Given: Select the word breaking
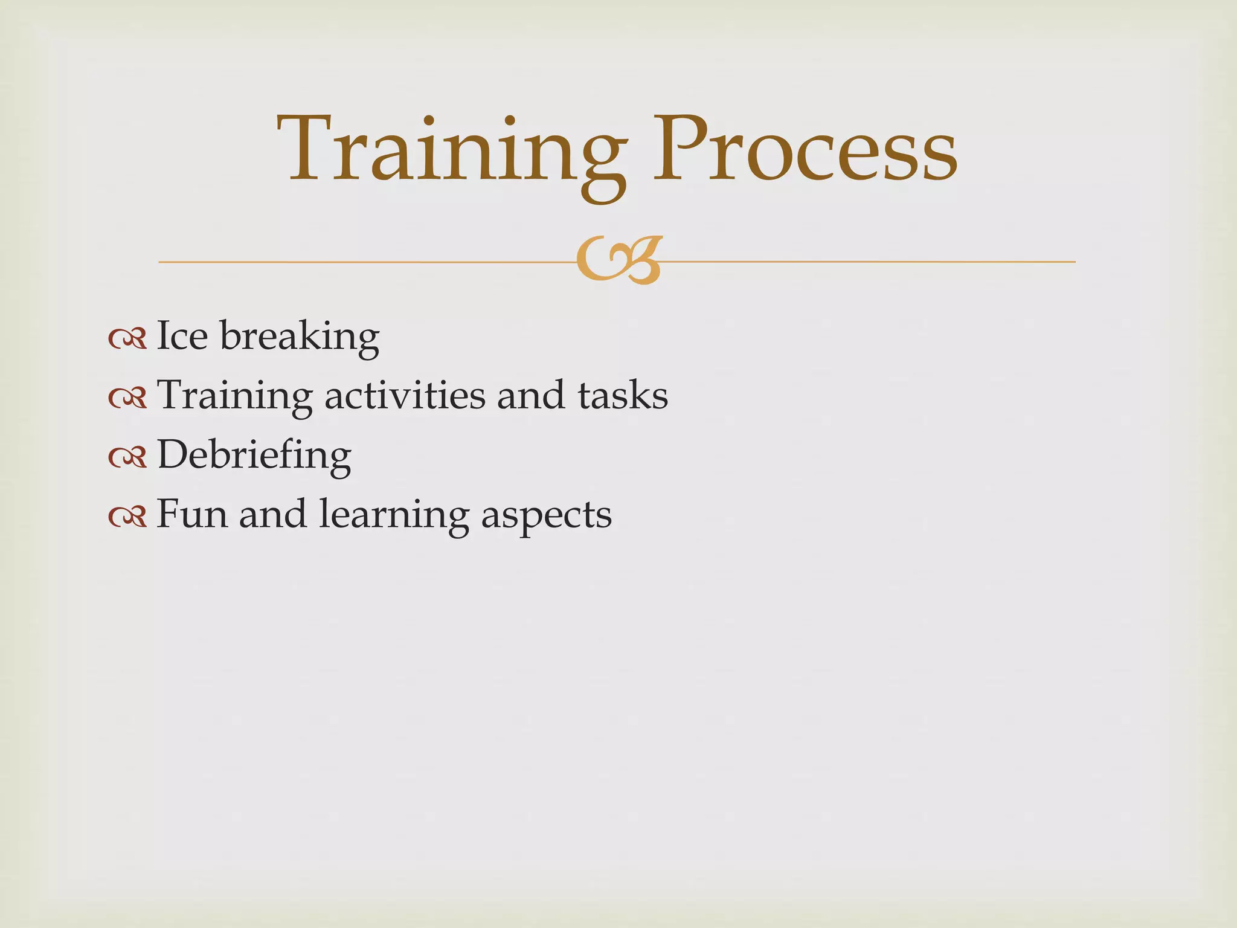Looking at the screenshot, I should tap(300, 337).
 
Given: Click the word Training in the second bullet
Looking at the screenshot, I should tap(234, 396).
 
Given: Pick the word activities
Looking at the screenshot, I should tap(405, 396).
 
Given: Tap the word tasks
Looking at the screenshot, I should tap(623, 396).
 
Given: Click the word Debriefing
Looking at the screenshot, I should tap(254, 456).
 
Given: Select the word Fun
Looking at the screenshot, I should tap(192, 514).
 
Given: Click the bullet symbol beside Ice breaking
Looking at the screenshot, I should tap(127, 339).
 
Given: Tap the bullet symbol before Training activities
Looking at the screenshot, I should tap(127, 398).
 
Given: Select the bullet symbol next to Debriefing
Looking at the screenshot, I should tap(127, 457).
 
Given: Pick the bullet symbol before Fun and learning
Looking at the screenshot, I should tap(127, 517).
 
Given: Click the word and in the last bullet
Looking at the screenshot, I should tap(272, 514).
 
